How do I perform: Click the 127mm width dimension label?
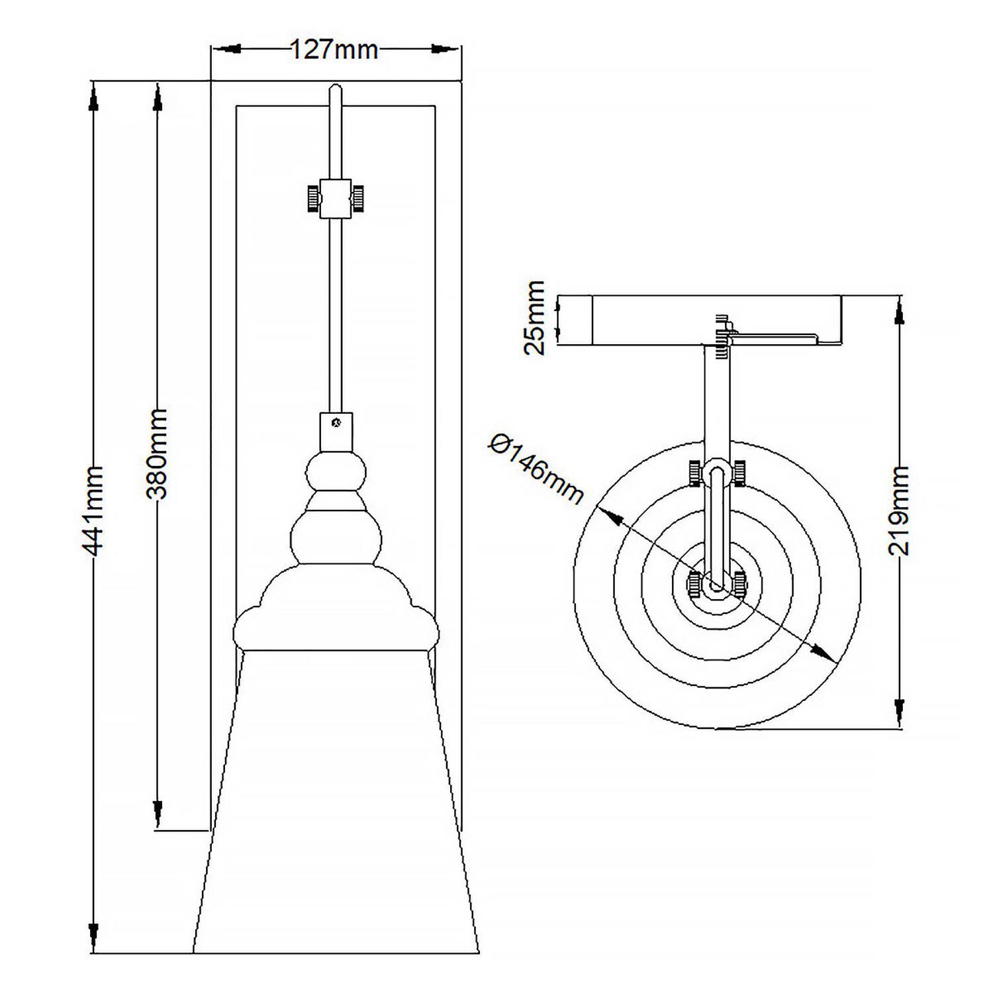coord(334,50)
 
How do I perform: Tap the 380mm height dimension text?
coord(157,453)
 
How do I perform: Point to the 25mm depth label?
coord(534,318)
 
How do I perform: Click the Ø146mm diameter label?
coord(536,469)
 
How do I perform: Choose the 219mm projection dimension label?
coord(899,510)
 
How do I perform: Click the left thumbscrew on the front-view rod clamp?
coord(311,197)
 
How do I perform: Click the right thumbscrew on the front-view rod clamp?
coord(357,197)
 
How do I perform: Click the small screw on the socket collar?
coord(336,421)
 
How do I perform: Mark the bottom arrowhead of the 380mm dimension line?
coord(158,808)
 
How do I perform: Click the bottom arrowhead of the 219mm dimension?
coord(899,708)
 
